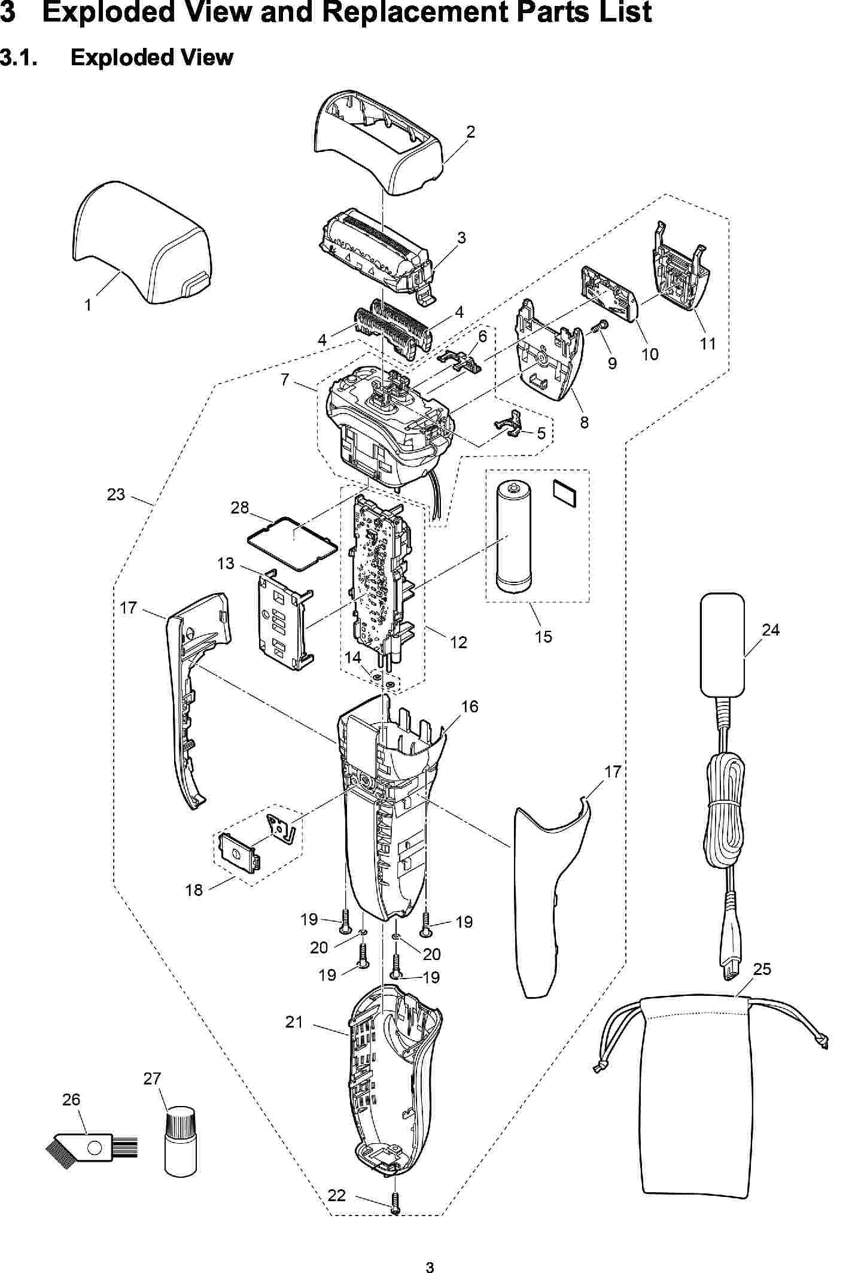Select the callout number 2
[471, 132]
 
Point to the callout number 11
[708, 344]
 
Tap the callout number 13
[226, 564]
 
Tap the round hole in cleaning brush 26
[93, 1149]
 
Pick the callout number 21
[294, 1022]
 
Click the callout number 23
[116, 494]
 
